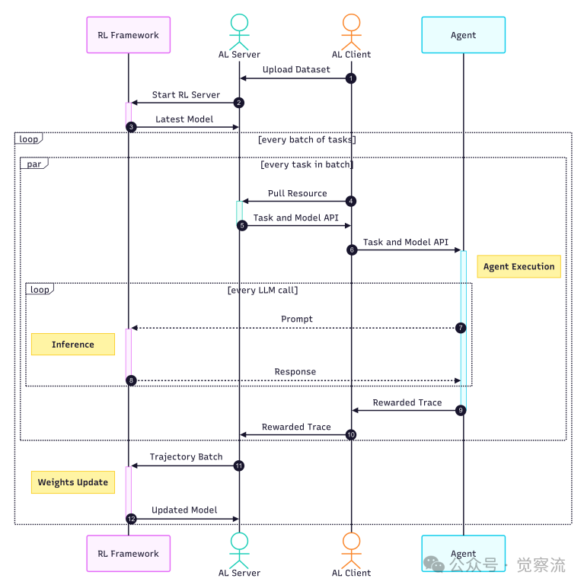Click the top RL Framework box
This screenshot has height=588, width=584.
(x=128, y=34)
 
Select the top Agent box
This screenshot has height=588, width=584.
(x=463, y=35)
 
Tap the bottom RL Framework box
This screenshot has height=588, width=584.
(x=128, y=553)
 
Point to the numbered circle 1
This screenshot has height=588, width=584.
(x=350, y=78)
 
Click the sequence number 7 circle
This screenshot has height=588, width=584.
(x=461, y=328)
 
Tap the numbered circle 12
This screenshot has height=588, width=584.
(x=131, y=519)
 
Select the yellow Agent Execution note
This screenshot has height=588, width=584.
(x=519, y=266)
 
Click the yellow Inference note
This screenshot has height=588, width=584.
(x=73, y=345)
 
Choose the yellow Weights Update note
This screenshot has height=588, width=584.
(x=73, y=482)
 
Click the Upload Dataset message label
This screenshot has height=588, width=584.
(x=296, y=70)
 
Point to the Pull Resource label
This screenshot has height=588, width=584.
(x=297, y=193)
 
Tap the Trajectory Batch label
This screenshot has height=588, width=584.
(x=186, y=456)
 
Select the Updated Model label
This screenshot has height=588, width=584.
(x=184, y=510)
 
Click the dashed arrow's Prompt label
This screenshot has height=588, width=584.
(x=296, y=319)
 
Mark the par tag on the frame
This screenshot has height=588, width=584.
(x=34, y=163)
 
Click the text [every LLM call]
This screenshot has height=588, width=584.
(x=263, y=290)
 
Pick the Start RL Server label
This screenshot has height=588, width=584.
(x=186, y=95)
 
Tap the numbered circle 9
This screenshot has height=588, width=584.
(x=461, y=410)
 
